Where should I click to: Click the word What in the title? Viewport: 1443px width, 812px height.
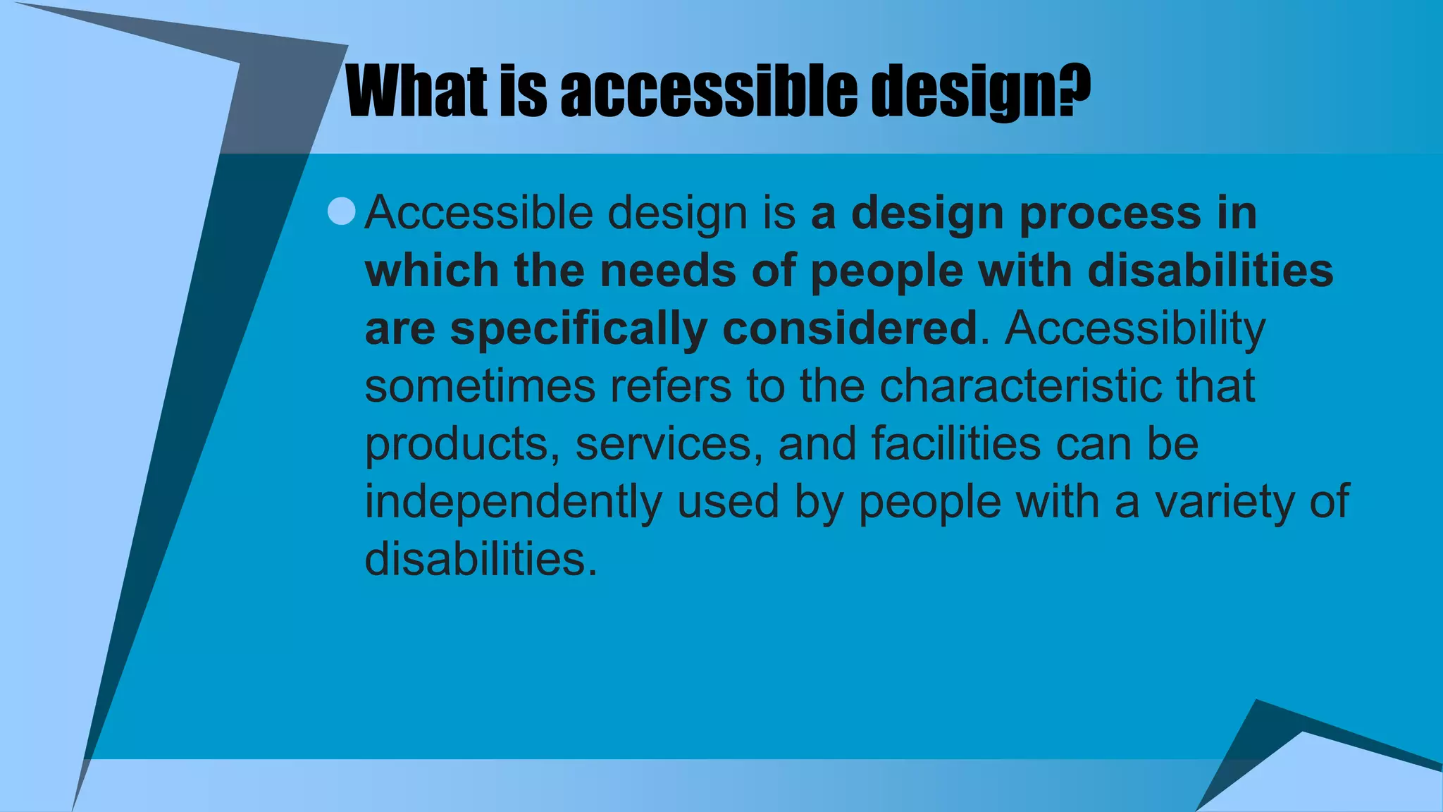tap(416, 92)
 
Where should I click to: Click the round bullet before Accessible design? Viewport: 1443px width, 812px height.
tap(342, 211)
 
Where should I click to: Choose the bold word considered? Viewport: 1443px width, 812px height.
tap(849, 328)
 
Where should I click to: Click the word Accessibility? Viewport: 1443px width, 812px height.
tap(1134, 330)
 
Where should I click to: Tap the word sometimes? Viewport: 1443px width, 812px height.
tap(480, 386)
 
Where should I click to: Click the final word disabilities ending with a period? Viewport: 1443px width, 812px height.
tap(481, 560)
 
